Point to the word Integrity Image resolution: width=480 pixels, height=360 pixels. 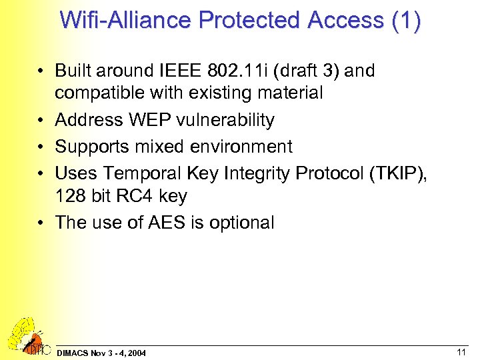[259, 173]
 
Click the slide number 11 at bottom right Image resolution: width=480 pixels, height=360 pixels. [461, 351]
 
